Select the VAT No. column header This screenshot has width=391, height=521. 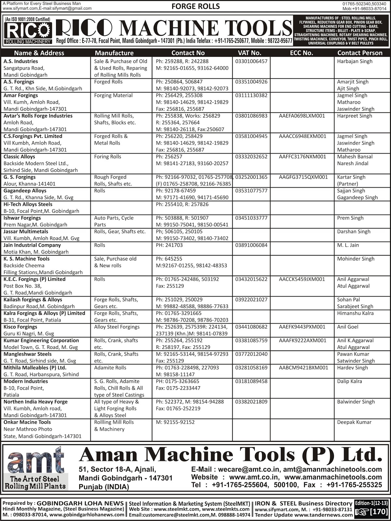[249, 53]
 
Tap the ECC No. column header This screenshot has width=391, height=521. [301, 53]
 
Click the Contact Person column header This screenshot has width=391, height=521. [360, 53]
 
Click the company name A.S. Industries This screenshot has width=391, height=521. [21, 61]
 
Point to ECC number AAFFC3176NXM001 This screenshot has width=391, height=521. [302, 157]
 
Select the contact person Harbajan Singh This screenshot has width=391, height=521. [355, 61]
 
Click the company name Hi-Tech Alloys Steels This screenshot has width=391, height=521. [28, 204]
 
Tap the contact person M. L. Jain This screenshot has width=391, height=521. [348, 245]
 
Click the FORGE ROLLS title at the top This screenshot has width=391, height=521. [195, 6]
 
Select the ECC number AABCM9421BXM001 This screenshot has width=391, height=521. [303, 368]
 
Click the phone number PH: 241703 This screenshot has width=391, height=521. [169, 245]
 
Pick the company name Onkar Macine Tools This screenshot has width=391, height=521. [27, 422]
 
